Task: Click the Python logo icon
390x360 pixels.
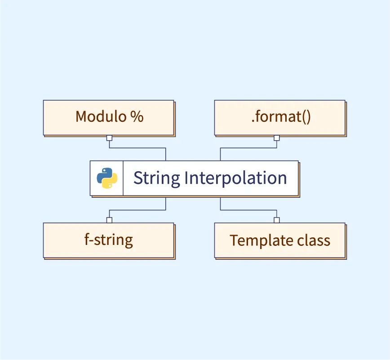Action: [107, 178]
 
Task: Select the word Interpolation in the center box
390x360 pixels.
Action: [235, 178]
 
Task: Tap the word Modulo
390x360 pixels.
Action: [100, 117]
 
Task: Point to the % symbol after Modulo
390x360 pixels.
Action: [137, 117]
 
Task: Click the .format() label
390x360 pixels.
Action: [280, 117]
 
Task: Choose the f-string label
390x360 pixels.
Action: [108, 240]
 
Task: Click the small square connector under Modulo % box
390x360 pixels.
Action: [109, 138]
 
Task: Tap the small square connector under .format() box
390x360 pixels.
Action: [276, 138]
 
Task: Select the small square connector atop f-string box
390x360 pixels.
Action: [109, 220]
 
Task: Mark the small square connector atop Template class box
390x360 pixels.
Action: [276, 220]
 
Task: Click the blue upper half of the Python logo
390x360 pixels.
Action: [105, 173]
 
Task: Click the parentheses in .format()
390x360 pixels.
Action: [305, 117]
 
